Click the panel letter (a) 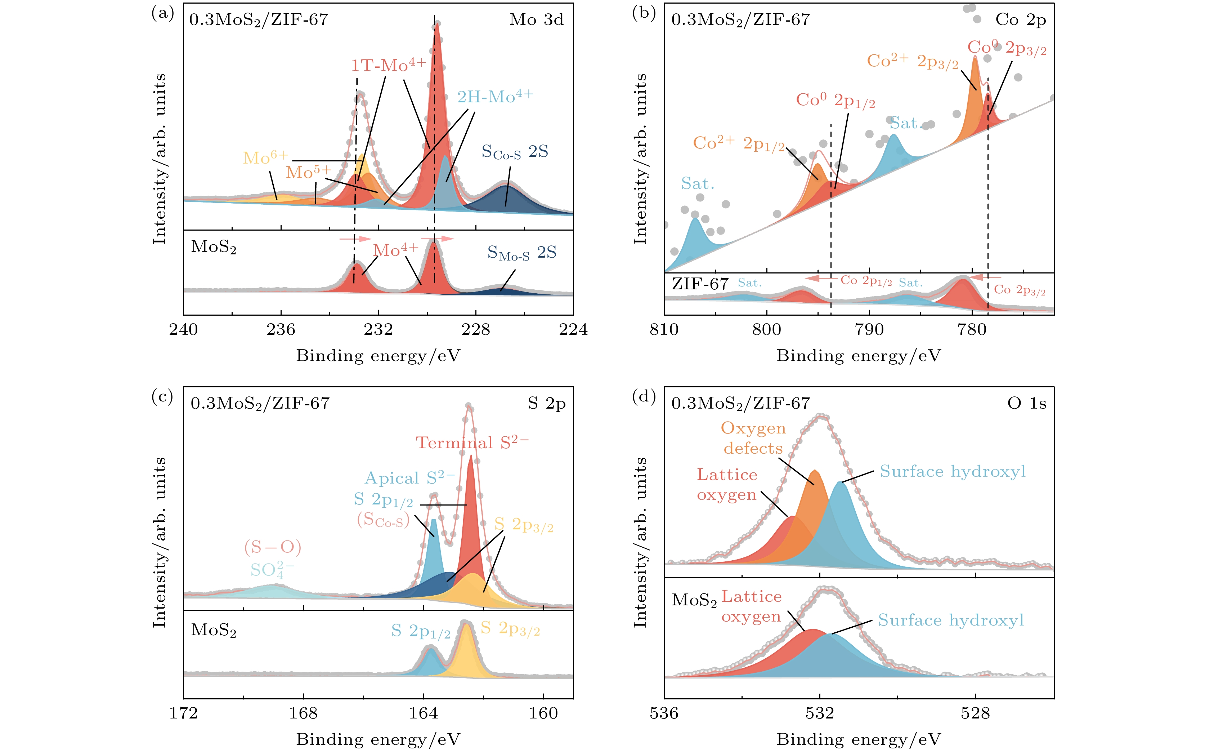[x=162, y=13]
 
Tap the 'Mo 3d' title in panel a [x=536, y=20]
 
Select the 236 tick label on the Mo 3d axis [x=281, y=329]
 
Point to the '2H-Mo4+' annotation [x=494, y=97]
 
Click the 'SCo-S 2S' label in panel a [x=515, y=152]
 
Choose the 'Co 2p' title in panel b [x=1021, y=20]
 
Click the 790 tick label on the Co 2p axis [x=869, y=329]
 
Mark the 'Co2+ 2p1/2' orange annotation [x=739, y=143]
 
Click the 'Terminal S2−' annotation [x=472, y=442]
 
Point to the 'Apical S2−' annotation [x=409, y=478]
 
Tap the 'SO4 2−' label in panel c [x=272, y=569]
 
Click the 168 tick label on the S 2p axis [x=303, y=713]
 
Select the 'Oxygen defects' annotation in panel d [x=753, y=438]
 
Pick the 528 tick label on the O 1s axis [x=975, y=713]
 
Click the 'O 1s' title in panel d [x=1026, y=403]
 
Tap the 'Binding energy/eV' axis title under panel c [x=378, y=739]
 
